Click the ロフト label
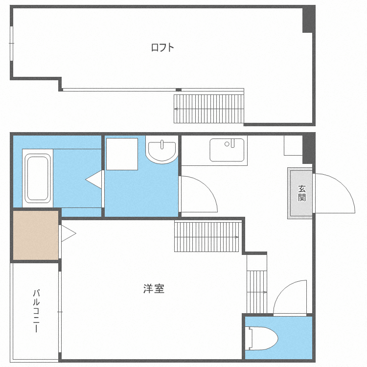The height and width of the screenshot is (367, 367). tap(162, 47)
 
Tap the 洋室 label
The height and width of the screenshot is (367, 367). tap(154, 289)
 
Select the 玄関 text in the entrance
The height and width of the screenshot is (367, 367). tap(302, 193)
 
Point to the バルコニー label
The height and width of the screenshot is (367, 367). tap(36, 311)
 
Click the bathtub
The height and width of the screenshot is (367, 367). tap(38, 178)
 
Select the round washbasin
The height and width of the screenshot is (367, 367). tap(162, 151)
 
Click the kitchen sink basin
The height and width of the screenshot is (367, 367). tap(227, 150)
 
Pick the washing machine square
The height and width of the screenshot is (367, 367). tap(122, 154)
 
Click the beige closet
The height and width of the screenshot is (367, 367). tap(36, 235)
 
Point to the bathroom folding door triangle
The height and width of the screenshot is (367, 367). tap(94, 180)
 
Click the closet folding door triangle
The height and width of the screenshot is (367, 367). tap(69, 233)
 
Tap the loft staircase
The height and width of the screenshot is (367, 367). tap(209, 109)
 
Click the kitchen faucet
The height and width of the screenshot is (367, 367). tap(232, 143)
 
